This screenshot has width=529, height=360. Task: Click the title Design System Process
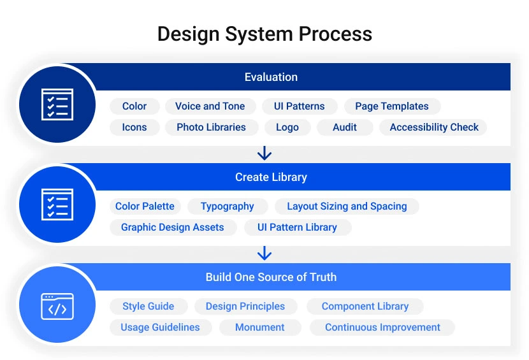(264, 34)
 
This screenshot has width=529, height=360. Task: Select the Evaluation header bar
(271, 77)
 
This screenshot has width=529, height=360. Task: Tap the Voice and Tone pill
(210, 106)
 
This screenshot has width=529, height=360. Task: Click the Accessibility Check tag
(433, 127)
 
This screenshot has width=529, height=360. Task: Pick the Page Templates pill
(391, 106)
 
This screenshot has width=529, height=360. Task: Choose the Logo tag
(287, 127)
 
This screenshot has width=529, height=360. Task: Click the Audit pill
(344, 127)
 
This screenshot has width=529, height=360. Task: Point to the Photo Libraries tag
(211, 127)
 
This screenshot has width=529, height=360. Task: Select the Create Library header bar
(271, 177)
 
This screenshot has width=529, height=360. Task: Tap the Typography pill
(227, 206)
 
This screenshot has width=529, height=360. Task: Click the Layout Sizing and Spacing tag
(347, 206)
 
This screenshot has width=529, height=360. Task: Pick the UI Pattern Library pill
(297, 227)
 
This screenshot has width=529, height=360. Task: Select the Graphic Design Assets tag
(172, 227)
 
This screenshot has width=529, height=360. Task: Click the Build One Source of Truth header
(271, 277)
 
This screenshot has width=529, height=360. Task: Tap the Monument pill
(259, 328)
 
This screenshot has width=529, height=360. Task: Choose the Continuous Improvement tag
(382, 328)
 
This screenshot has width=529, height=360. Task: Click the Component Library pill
(365, 306)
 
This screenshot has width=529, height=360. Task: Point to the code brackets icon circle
(57, 306)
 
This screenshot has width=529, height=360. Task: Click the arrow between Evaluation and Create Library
(264, 154)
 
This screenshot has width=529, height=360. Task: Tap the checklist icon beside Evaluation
(57, 104)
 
